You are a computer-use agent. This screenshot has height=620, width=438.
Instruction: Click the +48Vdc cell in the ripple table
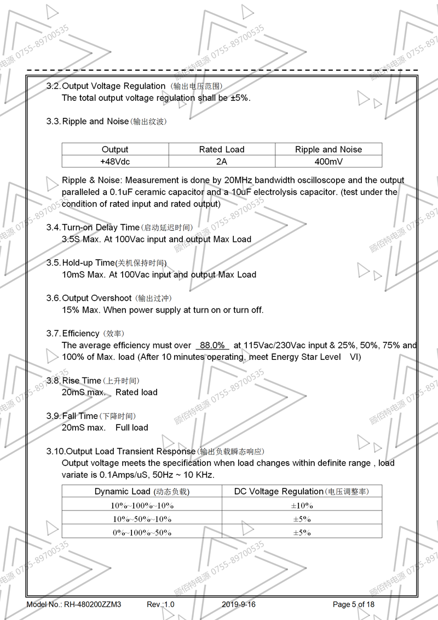point(114,162)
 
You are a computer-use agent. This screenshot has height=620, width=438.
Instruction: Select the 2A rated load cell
point(221,162)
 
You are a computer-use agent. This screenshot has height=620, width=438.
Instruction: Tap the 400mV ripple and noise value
point(328,162)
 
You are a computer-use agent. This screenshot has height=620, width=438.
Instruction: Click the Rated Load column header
point(221,150)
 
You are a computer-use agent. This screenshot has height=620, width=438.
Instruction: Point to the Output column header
point(114,150)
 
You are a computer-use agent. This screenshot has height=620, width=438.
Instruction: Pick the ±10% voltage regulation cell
point(302,506)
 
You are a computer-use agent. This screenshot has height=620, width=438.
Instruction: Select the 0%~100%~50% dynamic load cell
point(142,532)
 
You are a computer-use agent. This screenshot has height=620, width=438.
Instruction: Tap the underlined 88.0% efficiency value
point(212,346)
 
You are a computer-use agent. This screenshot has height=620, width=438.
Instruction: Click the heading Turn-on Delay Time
point(101,227)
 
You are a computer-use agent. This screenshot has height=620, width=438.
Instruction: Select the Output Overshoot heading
point(97,298)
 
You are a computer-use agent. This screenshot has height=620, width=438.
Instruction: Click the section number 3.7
point(53,334)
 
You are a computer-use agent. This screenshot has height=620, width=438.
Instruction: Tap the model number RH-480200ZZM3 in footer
point(93,605)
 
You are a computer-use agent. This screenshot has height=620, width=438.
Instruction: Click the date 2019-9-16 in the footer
point(239,605)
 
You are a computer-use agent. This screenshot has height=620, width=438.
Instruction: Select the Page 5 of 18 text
point(354,605)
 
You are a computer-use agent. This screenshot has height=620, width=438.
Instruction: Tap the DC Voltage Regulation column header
point(279,491)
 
